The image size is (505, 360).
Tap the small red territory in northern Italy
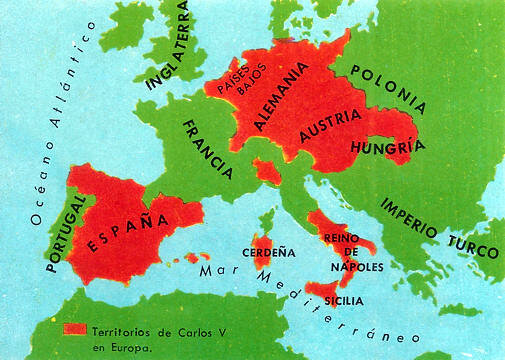[265, 170]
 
